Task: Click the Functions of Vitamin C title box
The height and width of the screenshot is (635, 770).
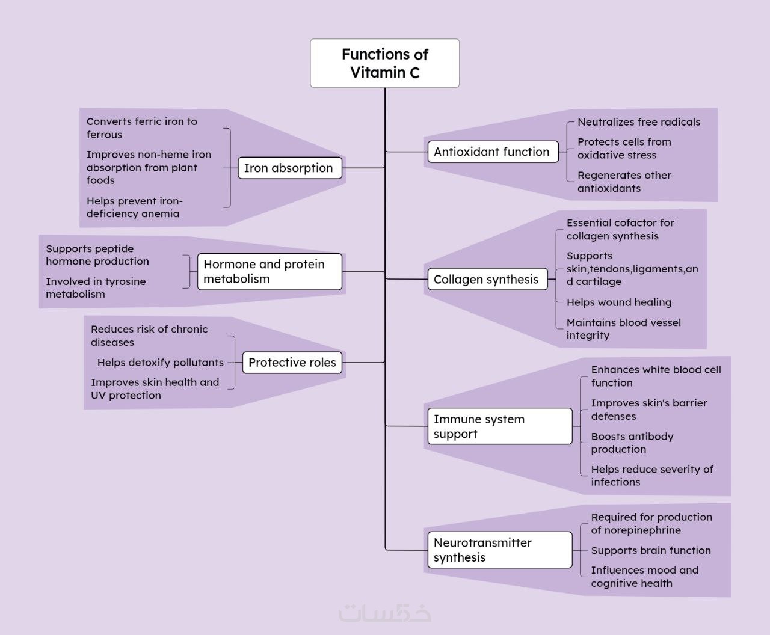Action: click(x=385, y=63)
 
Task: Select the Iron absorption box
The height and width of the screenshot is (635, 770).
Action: click(x=289, y=168)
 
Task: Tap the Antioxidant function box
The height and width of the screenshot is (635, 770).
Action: click(x=491, y=152)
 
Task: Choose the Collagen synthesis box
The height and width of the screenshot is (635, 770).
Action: click(x=486, y=279)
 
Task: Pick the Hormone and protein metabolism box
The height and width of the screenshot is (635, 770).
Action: click(x=269, y=271)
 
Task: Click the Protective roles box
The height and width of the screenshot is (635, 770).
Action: click(x=292, y=362)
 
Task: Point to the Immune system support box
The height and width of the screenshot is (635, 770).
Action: click(x=499, y=426)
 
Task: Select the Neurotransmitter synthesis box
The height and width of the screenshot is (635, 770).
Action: click(x=499, y=550)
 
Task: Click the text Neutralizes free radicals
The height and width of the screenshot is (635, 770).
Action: click(x=639, y=122)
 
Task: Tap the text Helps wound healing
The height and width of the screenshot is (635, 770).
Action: click(x=619, y=302)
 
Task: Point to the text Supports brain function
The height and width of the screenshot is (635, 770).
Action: click(x=651, y=550)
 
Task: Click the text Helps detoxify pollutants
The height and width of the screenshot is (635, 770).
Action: click(x=161, y=362)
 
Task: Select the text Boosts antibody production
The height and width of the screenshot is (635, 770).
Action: click(x=632, y=443)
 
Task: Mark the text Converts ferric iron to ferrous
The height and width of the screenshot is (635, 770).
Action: click(x=142, y=127)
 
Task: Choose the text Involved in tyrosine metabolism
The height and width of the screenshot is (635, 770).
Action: click(x=96, y=287)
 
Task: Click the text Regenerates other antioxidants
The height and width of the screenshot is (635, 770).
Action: click(x=624, y=182)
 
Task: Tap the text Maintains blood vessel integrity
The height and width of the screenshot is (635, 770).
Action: click(x=623, y=328)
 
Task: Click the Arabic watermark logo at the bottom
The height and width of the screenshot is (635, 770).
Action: click(x=385, y=613)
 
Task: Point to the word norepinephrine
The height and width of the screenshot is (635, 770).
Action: click(x=636, y=530)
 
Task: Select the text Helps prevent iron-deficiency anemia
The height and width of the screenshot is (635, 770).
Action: click(x=134, y=207)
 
